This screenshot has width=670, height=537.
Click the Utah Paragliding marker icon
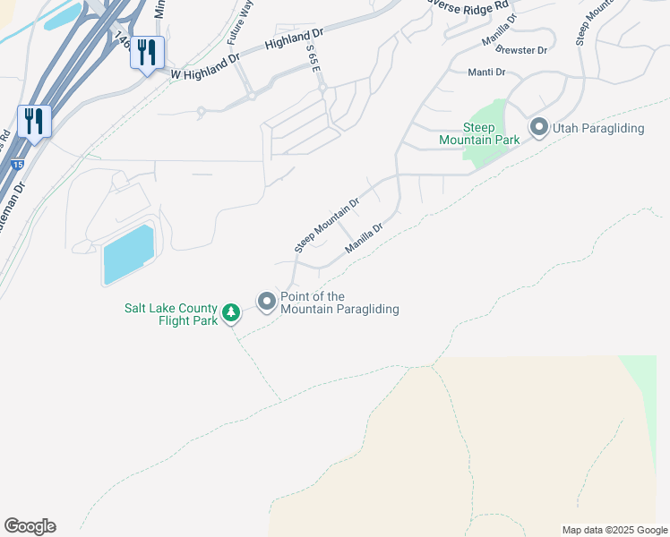click(539, 128)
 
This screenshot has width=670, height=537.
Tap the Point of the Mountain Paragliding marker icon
click(266, 303)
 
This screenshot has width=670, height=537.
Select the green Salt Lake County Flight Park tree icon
click(231, 312)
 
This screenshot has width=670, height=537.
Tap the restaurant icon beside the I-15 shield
click(34, 120)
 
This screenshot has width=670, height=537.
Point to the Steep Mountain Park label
click(478, 133)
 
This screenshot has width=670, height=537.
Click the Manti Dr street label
click(487, 72)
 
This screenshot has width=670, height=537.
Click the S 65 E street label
click(313, 62)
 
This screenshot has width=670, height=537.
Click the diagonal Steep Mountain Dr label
click(327, 224)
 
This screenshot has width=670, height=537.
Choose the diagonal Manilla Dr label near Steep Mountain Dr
click(365, 238)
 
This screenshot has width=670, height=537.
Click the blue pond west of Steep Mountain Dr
click(128, 253)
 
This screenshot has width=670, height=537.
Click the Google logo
click(30, 526)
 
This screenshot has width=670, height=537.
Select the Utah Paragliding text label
click(598, 128)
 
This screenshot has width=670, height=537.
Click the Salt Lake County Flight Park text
click(170, 314)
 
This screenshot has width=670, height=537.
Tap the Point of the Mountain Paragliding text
click(339, 303)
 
